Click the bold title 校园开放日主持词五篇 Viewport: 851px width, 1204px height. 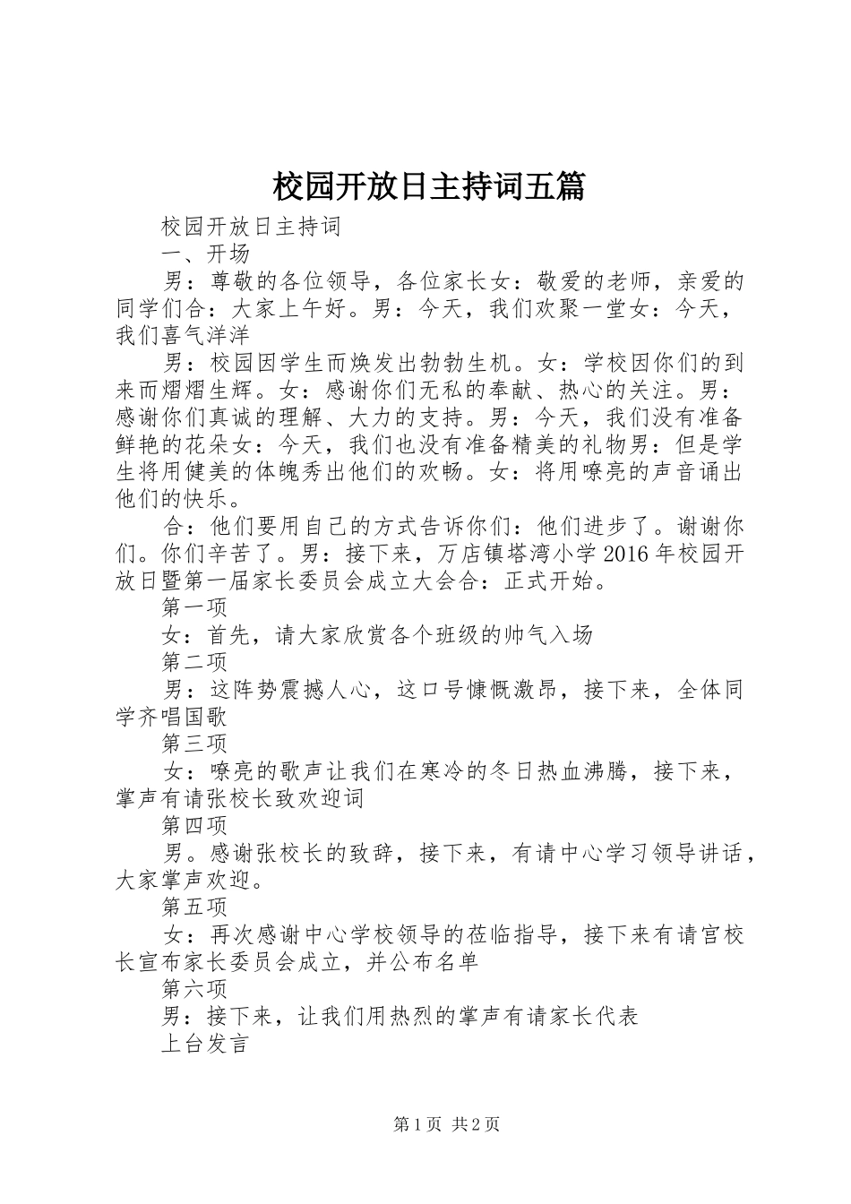click(427, 187)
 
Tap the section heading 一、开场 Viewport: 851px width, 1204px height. click(205, 254)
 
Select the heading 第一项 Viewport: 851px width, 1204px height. click(194, 607)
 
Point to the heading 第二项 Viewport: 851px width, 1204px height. click(194, 662)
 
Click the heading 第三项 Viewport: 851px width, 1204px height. click(194, 744)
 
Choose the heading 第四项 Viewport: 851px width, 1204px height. click(194, 825)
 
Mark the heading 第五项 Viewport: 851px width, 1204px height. click(194, 907)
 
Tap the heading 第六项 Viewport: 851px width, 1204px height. click(194, 989)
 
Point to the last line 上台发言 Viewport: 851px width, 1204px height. click(205, 1044)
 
